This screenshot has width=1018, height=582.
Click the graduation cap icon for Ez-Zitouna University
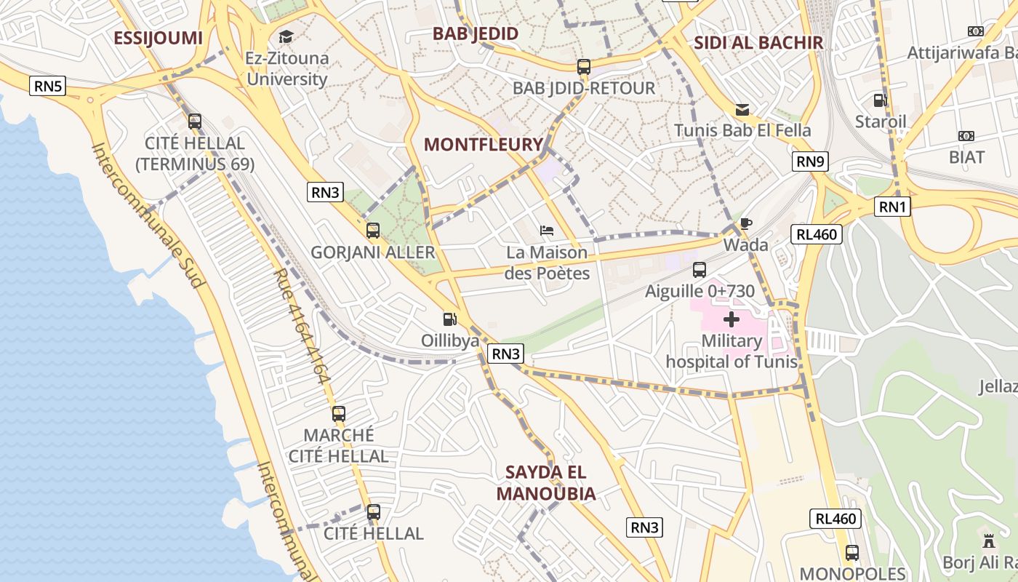pyautogui.click(x=286, y=36)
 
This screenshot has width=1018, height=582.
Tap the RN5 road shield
pyautogui.click(x=49, y=87)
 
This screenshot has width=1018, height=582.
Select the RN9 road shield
pyautogui.click(x=810, y=162)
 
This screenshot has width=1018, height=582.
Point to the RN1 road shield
pyautogui.click(x=893, y=207)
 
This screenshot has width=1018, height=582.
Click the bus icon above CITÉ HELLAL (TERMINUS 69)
pyautogui.click(x=195, y=121)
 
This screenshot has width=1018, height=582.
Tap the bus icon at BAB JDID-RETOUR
pyautogui.click(x=584, y=67)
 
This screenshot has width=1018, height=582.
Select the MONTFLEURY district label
pyautogui.click(x=484, y=144)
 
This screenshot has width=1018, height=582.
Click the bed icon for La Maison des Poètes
pyautogui.click(x=548, y=231)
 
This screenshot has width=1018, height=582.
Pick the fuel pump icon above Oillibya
pyautogui.click(x=450, y=319)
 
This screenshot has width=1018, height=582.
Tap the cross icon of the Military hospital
pyautogui.click(x=732, y=319)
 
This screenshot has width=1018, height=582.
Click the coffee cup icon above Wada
pyautogui.click(x=745, y=223)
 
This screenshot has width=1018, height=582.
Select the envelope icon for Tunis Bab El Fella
pyautogui.click(x=742, y=110)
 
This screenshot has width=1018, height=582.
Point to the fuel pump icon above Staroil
pyautogui.click(x=880, y=100)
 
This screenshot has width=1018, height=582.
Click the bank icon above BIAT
pyautogui.click(x=966, y=136)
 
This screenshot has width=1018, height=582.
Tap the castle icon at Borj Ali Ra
pyautogui.click(x=988, y=541)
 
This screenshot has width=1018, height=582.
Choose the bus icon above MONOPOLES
pyautogui.click(x=852, y=552)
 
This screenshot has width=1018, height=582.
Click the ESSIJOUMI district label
pyautogui.click(x=158, y=38)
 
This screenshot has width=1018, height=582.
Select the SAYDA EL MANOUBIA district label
pyautogui.click(x=545, y=483)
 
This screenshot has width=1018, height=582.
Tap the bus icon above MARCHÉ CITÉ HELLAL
pyautogui.click(x=339, y=414)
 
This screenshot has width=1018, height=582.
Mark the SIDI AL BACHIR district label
pyautogui.click(x=758, y=42)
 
